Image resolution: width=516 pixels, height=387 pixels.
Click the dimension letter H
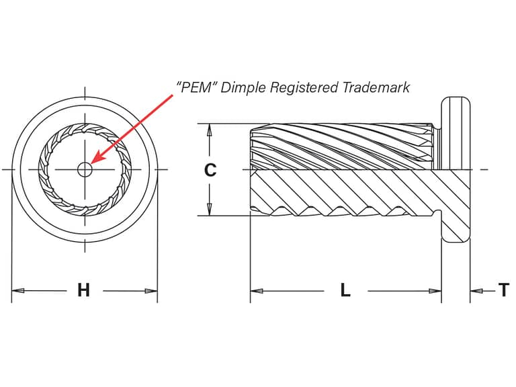[83, 290]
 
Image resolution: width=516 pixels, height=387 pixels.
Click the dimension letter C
[210, 170]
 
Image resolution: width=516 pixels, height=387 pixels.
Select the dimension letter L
[345, 290]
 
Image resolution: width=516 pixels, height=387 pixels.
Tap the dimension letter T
[504, 290]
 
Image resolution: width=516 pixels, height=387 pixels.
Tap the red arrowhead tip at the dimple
[92, 164]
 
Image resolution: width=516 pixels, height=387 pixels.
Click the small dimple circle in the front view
[85, 169]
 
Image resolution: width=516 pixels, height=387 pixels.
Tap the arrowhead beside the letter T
[475, 291]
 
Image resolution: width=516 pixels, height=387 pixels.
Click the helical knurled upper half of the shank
[343, 146]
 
